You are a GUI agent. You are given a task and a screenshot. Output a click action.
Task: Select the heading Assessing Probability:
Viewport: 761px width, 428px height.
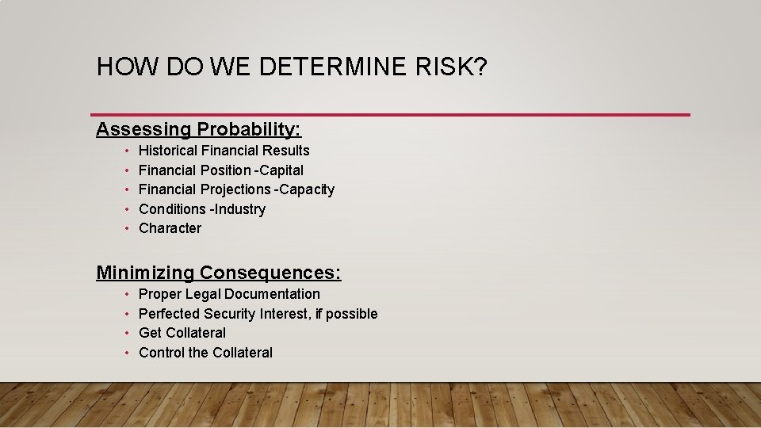click(199, 128)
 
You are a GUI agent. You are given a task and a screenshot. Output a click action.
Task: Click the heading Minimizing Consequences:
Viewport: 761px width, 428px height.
click(219, 273)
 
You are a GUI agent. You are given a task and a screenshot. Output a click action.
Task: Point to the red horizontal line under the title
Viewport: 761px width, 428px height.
click(390, 115)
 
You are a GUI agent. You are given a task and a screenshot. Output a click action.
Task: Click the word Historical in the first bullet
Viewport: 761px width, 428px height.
click(168, 151)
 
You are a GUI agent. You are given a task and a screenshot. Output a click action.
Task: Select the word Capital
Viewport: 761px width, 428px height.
click(283, 170)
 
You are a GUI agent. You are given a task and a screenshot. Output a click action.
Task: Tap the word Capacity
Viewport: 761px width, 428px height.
click(307, 189)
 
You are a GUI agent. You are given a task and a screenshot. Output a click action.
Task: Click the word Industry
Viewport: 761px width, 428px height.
click(240, 209)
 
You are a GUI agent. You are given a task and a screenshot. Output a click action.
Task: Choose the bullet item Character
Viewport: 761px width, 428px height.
click(170, 228)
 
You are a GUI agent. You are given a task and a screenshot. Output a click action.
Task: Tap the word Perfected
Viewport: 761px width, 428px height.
click(169, 314)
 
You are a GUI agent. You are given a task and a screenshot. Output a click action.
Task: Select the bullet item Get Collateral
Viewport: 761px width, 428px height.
click(182, 333)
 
